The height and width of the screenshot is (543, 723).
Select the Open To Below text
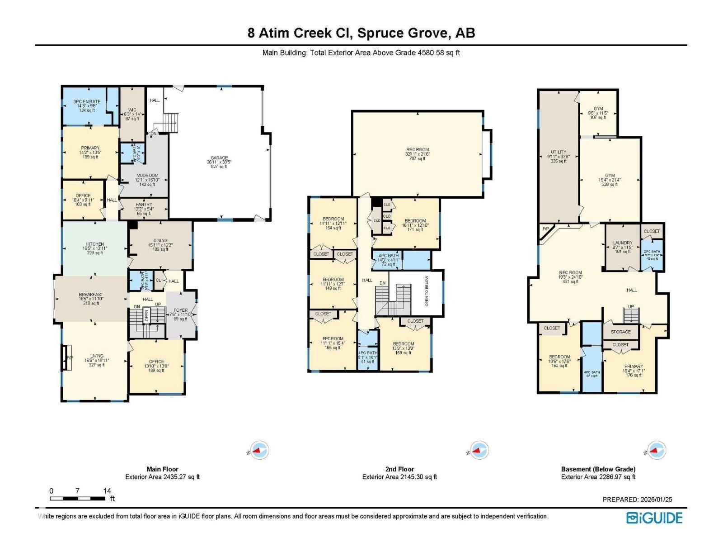[426, 291]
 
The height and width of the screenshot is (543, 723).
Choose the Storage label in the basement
[620, 332]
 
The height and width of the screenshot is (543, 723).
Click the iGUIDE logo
[654, 518]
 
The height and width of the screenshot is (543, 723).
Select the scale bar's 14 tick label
[107, 491]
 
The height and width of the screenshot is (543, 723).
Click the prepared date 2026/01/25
[656, 499]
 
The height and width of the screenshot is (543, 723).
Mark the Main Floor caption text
[162, 469]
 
